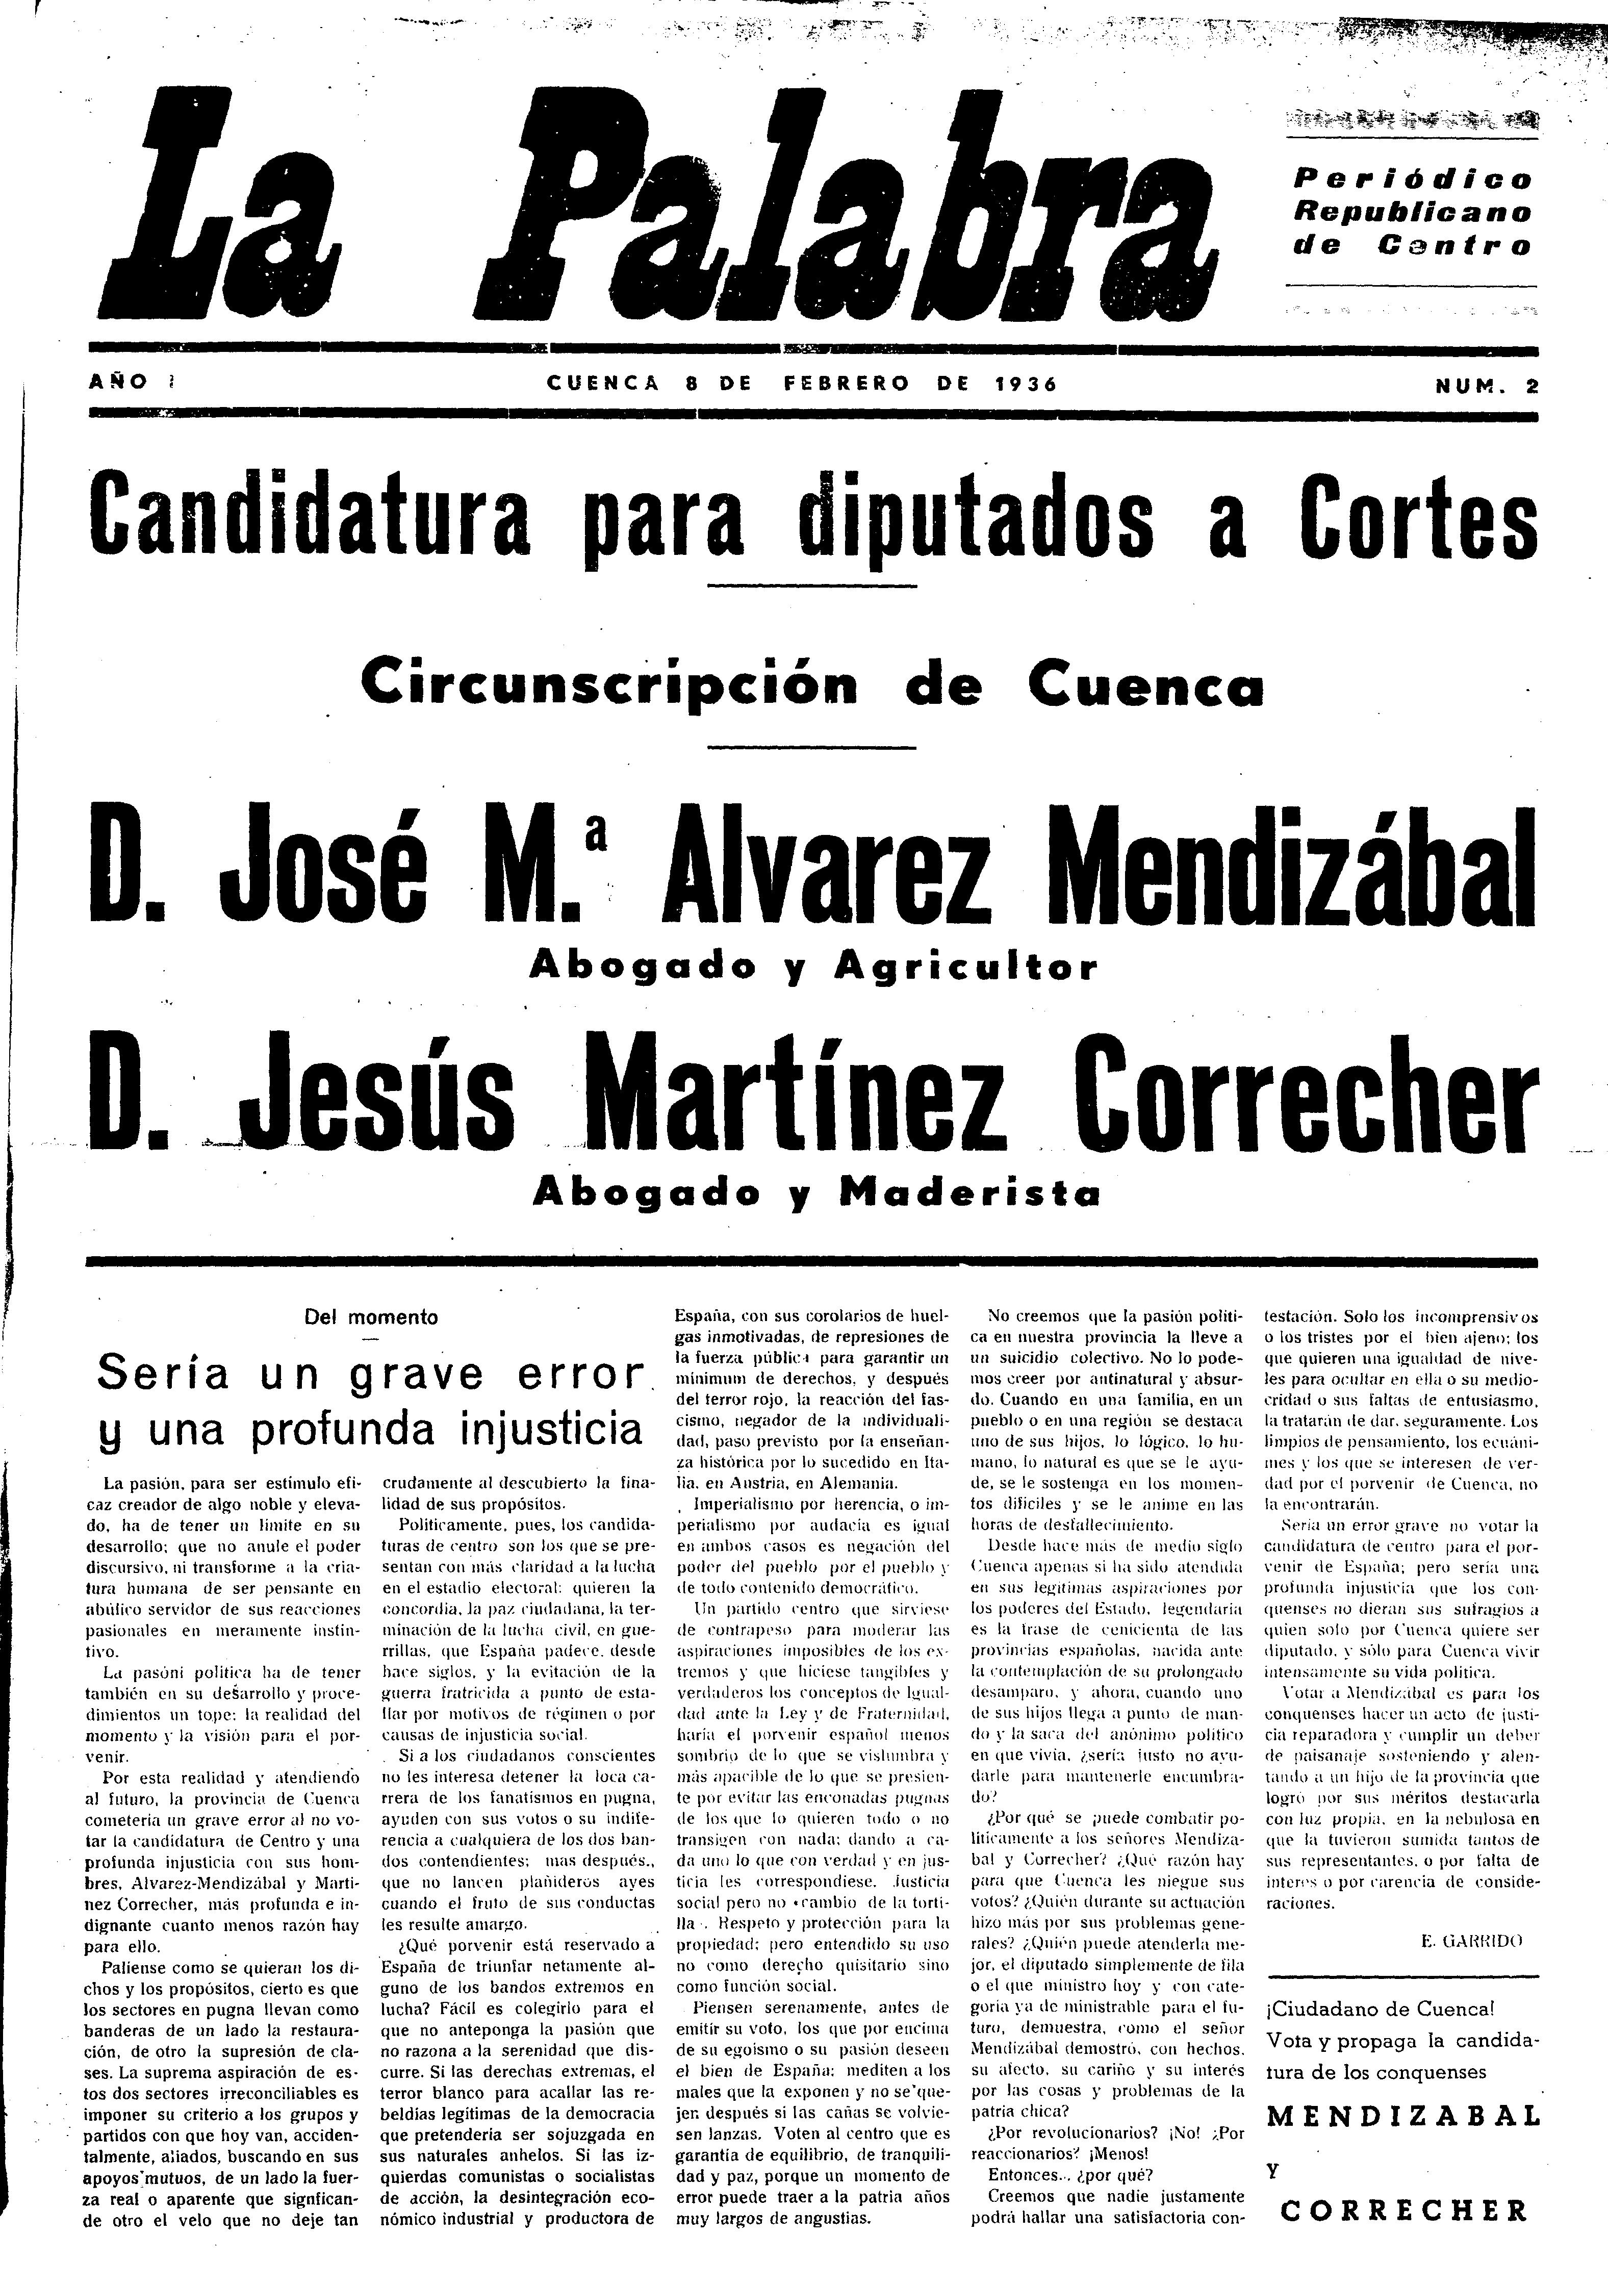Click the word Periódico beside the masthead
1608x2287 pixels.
click(1412, 180)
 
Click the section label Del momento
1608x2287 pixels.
click(371, 1317)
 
